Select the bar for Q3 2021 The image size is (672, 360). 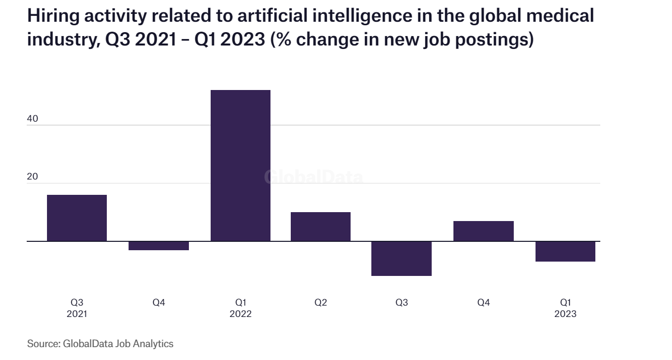77,218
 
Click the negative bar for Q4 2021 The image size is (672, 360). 158,246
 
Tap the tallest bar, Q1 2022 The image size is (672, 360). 240,166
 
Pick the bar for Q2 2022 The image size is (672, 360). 320,226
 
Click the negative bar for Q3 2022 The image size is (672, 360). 402,258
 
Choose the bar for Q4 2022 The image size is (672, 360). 483,231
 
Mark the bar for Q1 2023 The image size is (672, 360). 565,251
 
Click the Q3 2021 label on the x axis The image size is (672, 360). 77,308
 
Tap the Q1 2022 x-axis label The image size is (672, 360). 240,308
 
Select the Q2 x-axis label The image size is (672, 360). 320,302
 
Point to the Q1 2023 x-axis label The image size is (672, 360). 565,308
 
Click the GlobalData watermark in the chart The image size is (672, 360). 314,177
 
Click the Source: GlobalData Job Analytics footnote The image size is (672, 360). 100,343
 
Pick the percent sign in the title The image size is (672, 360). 285,39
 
